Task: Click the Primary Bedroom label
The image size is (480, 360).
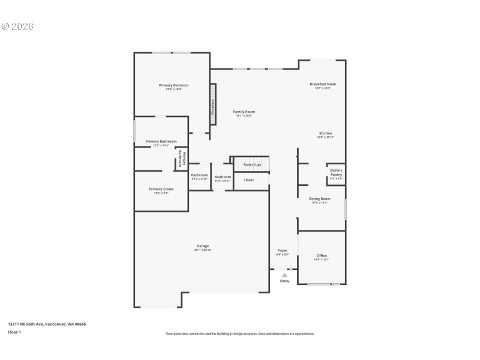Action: point(173,85)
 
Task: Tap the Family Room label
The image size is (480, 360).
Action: point(244,112)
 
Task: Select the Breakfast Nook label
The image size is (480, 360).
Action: point(323,84)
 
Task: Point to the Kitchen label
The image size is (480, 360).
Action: point(325,133)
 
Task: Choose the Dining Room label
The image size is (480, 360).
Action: point(319,199)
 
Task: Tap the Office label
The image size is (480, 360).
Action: point(322,256)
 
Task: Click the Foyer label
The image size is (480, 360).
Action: point(282,250)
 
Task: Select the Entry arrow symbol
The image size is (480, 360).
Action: point(284,275)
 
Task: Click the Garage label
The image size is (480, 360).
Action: point(203,246)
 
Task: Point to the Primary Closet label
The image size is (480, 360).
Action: point(161,189)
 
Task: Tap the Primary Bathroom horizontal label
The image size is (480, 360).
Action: point(161,142)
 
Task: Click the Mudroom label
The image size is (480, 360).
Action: point(223,176)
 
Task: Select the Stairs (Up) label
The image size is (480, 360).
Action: point(251,164)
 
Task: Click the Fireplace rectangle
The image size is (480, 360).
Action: point(212,107)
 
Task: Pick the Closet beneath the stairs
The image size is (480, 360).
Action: point(248,180)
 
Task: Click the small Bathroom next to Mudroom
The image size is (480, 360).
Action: point(199,175)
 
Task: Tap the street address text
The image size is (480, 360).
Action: point(47,324)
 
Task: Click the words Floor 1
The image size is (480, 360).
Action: point(14,332)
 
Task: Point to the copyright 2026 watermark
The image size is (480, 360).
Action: point(17,26)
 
